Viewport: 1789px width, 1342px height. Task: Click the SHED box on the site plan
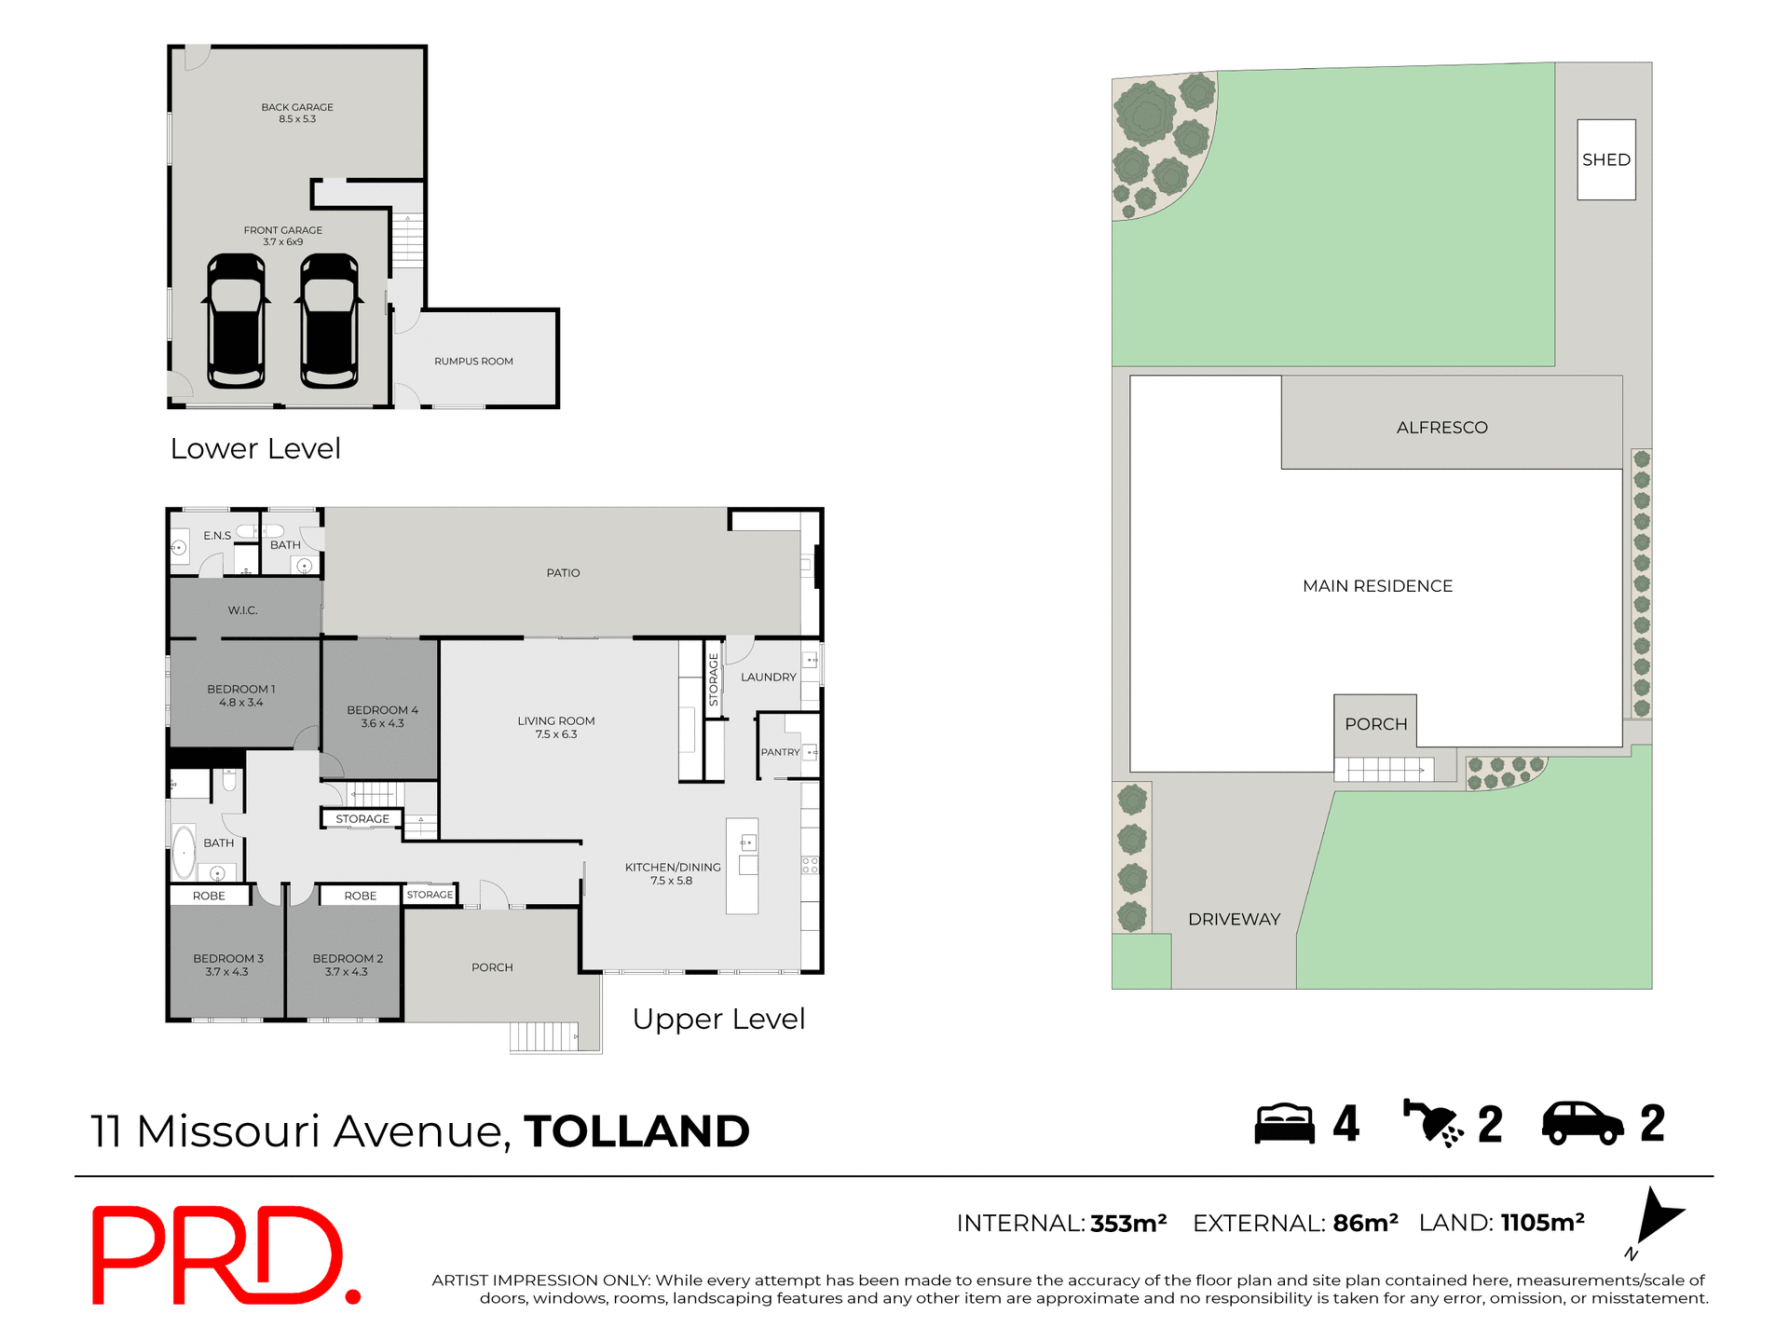click(x=1605, y=159)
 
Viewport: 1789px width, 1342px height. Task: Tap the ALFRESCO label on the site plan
click(x=1441, y=428)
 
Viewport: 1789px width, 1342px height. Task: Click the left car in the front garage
click(x=236, y=321)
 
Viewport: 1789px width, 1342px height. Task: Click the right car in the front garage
click(x=329, y=321)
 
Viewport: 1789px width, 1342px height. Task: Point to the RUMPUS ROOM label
click(x=473, y=362)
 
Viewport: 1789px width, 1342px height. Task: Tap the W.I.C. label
click(x=242, y=610)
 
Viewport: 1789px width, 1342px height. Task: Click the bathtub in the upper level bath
click(x=184, y=851)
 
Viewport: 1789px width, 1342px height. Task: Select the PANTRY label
click(x=780, y=752)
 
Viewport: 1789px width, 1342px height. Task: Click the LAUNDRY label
click(x=768, y=678)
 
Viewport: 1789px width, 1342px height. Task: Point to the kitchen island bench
click(x=742, y=866)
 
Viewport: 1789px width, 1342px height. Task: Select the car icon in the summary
click(x=1582, y=1123)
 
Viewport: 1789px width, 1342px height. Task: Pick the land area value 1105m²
click(x=1542, y=1223)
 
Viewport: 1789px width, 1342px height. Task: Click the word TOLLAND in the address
click(x=636, y=1131)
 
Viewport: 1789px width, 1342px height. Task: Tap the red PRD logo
click(x=224, y=1254)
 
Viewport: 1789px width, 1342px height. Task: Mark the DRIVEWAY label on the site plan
click(x=1234, y=919)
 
